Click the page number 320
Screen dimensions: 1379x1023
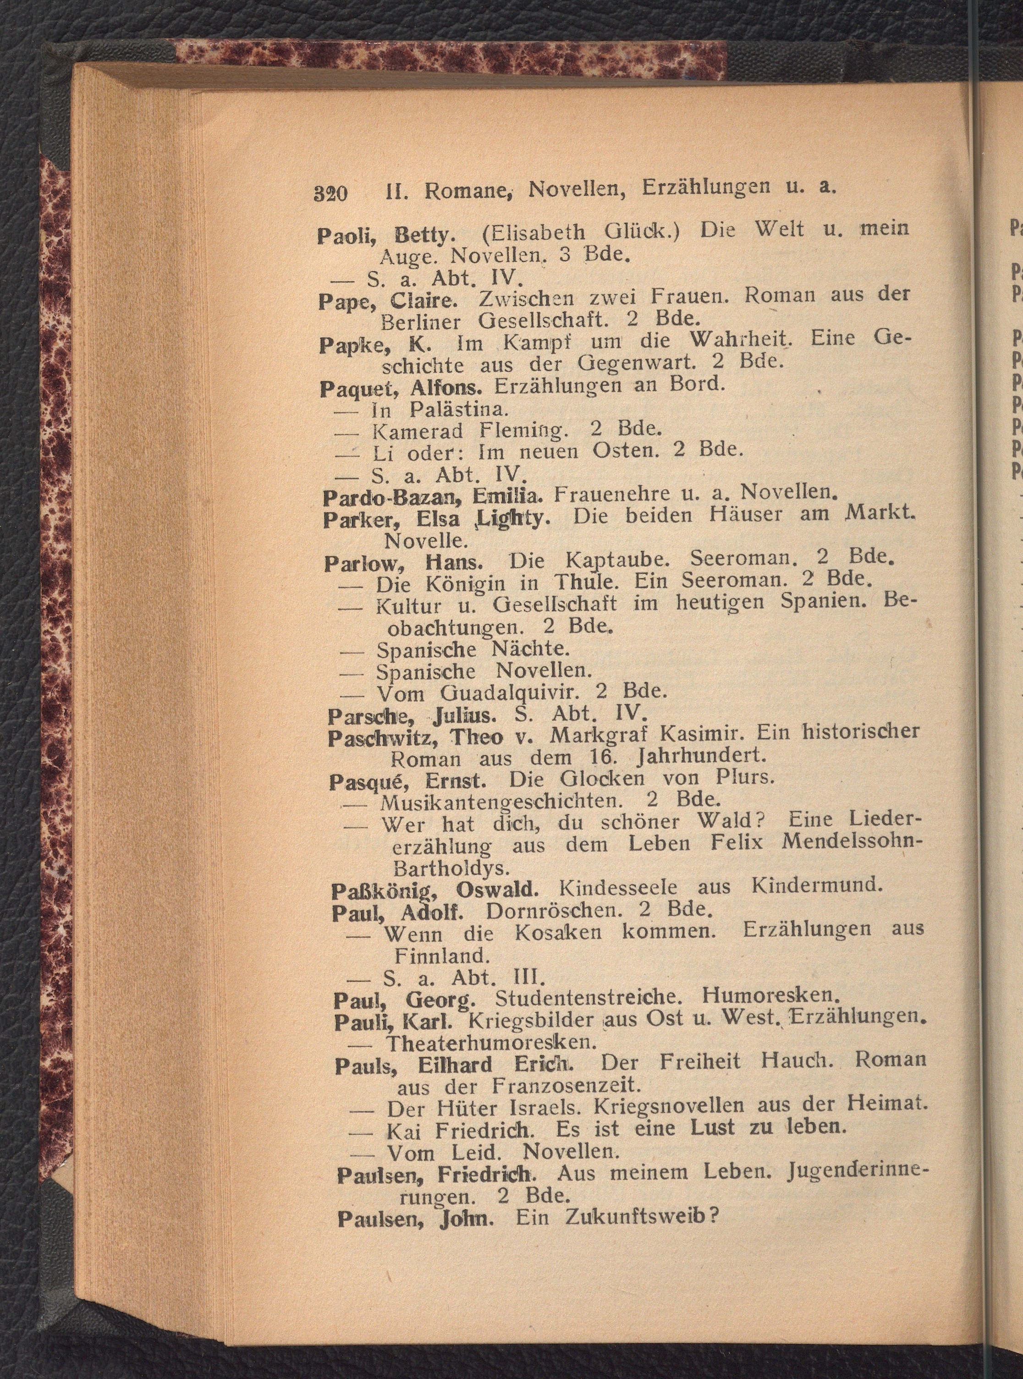330,193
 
